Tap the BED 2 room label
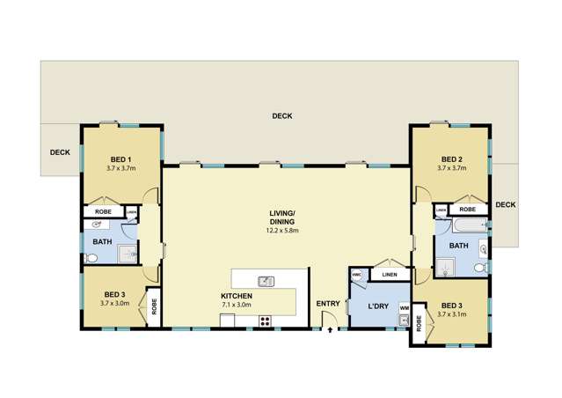pos(451,159)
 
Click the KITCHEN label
pos(237,296)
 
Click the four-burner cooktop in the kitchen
pos(265,321)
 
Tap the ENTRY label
pos(328,304)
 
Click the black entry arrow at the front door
pos(329,332)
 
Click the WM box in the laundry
pos(404,307)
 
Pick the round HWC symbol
pos(356,276)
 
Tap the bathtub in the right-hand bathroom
pos(461,227)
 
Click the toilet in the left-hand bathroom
pos(92,259)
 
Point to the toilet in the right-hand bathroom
pos(480,267)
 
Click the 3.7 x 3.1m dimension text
pos(454,313)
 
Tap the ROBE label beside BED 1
pos(102,211)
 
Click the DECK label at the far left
pos(60,152)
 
